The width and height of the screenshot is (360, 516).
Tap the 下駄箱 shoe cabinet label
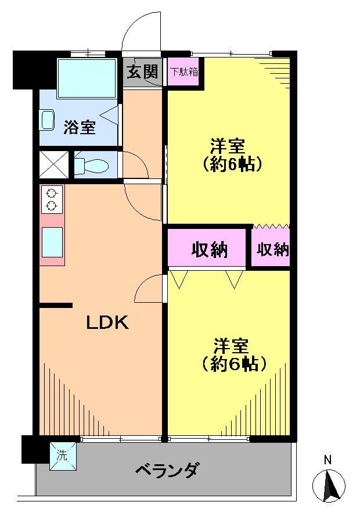(183, 72)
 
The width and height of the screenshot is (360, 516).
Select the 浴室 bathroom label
(79, 127)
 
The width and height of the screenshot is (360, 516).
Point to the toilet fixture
(93, 165)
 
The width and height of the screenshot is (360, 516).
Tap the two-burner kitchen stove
(52, 199)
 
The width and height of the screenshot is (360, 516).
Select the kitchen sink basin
(52, 241)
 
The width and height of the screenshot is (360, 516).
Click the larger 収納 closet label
(209, 250)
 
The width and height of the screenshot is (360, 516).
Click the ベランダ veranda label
(168, 469)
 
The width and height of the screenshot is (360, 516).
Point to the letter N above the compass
(328, 460)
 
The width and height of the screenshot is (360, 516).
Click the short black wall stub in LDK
(56, 305)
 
